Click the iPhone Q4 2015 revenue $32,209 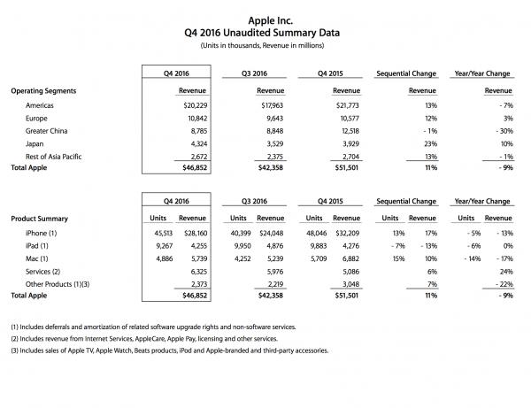336,232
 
